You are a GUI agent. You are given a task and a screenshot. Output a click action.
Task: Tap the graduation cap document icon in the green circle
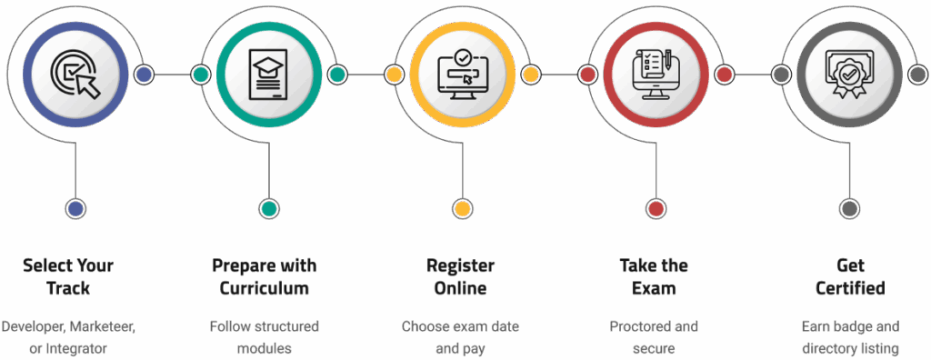point(268,75)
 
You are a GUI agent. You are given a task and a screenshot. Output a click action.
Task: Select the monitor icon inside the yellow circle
point(462,75)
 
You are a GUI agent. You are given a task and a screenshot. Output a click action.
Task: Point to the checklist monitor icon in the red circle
point(656,75)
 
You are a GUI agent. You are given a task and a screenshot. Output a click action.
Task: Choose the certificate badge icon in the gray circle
point(849,75)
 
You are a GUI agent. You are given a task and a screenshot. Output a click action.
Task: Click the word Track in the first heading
point(68,289)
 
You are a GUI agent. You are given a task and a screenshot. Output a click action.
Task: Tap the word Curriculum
point(265,289)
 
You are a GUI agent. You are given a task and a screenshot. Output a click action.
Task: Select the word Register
point(461,266)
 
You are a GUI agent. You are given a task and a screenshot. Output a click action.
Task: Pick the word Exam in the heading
point(656,289)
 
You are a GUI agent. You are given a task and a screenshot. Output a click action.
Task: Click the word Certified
point(850,289)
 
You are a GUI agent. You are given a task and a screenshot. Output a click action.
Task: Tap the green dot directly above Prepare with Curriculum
point(268,209)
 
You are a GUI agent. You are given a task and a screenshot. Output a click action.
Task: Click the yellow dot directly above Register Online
point(462,209)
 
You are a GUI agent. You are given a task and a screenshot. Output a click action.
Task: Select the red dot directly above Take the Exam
point(656,209)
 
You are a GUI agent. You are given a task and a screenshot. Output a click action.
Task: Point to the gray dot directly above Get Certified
point(849,209)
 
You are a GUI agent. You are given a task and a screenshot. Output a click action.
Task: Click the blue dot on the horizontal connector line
point(144,75)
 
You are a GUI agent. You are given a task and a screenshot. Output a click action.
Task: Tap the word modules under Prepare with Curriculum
point(265,347)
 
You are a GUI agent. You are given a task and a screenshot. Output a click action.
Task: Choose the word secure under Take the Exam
point(656,347)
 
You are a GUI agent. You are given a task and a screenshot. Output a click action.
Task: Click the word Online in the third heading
point(461,289)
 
